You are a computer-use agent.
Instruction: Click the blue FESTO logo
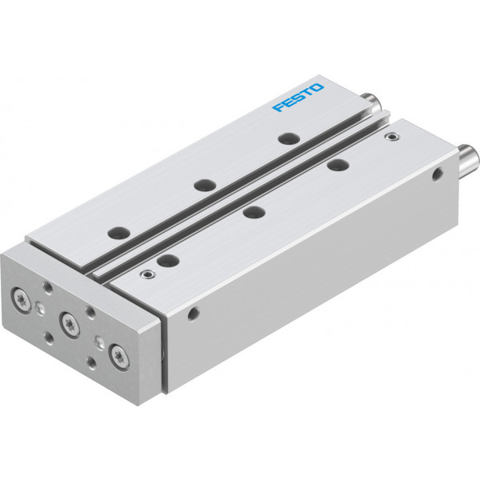click(x=298, y=97)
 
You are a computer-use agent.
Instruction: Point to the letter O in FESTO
click(x=317, y=87)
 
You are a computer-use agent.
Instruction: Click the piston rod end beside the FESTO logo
click(x=372, y=102)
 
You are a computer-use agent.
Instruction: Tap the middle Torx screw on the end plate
click(x=70, y=324)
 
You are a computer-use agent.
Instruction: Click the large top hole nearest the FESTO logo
click(x=290, y=138)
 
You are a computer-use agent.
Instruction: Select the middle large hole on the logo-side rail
click(x=205, y=186)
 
